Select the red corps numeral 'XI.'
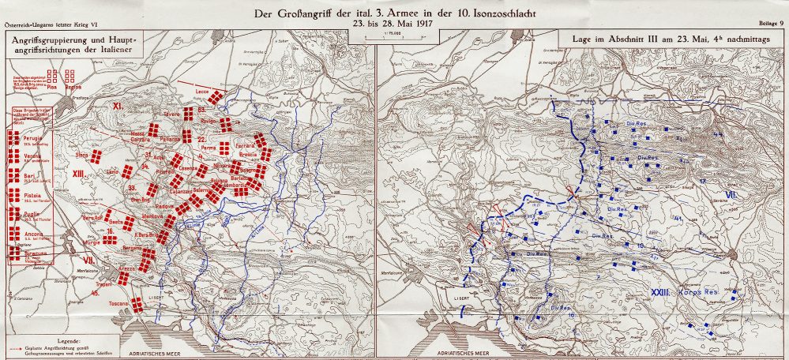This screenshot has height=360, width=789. pos(120,105)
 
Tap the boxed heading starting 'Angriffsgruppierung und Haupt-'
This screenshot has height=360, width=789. pos(72,43)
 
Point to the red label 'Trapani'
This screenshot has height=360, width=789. pos(103,283)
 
